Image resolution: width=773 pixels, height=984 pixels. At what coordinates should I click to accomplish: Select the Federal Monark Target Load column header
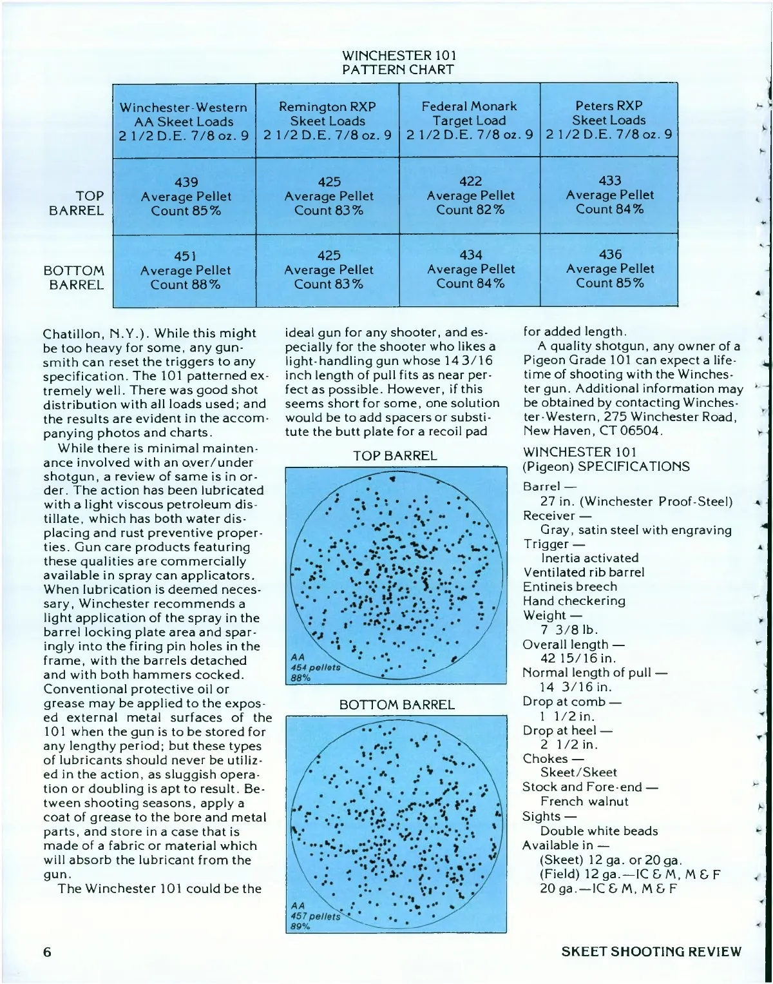click(469, 120)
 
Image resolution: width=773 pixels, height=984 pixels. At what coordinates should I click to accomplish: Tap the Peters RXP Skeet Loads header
click(609, 119)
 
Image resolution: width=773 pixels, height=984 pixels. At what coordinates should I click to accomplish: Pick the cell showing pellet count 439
click(186, 196)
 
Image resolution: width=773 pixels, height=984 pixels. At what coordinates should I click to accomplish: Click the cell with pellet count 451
click(185, 270)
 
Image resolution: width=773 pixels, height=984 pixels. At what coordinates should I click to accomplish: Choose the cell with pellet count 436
click(609, 268)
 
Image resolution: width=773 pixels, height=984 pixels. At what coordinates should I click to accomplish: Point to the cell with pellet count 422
click(470, 195)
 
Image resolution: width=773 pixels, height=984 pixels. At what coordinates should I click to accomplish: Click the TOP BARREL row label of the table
click(76, 203)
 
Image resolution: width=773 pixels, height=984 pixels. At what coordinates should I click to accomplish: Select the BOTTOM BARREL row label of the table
click(73, 277)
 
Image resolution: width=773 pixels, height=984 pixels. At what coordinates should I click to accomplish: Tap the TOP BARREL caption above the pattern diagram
click(394, 456)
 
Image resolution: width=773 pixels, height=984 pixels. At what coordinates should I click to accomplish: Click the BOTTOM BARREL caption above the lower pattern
click(397, 705)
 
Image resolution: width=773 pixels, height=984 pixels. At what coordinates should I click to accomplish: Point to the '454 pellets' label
click(315, 667)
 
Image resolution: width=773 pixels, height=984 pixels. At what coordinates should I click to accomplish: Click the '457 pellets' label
click(315, 916)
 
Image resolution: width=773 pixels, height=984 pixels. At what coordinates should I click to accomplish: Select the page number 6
click(47, 952)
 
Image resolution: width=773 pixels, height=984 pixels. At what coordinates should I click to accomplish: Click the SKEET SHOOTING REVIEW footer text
click(651, 952)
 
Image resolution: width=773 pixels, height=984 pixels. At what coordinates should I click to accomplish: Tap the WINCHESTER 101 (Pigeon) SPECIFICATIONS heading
click(606, 459)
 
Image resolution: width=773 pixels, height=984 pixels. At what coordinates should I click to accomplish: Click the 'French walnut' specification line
click(584, 802)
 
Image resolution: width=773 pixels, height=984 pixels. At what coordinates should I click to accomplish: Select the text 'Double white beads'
click(599, 831)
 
